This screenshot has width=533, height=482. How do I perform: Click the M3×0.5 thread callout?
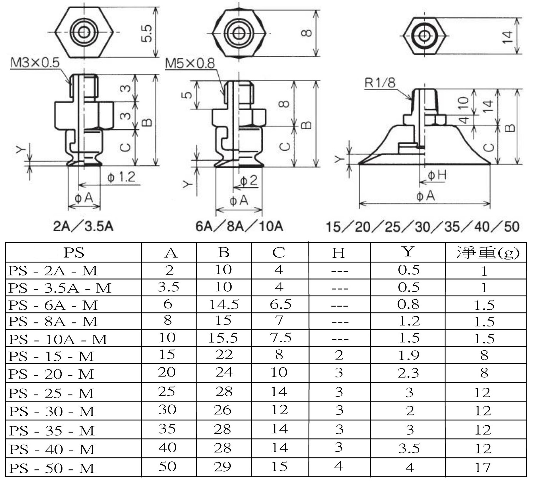coord(35,63)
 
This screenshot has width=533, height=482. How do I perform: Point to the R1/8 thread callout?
coord(380,83)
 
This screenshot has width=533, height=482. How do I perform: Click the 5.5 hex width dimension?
coord(147,33)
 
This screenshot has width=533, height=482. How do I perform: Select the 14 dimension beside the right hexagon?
coord(507,37)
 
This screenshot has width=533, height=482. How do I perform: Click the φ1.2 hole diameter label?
coord(121,177)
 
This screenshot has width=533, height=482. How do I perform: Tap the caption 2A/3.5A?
coord(83,226)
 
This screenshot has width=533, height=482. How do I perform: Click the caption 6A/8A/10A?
coord(239,226)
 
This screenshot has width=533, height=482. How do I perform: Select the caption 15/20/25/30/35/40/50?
coord(423,227)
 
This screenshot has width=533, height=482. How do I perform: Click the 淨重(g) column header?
coord(488,253)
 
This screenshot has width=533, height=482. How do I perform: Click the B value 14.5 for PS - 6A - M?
coord(224,304)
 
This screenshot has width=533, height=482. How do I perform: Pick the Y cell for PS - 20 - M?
coord(408,373)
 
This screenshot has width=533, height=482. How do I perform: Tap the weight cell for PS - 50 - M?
coord(483,468)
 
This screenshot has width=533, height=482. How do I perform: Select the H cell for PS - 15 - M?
coord(339,355)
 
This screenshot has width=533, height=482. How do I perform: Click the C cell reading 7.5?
coord(280,337)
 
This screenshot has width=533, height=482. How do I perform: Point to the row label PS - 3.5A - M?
coord(60,288)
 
